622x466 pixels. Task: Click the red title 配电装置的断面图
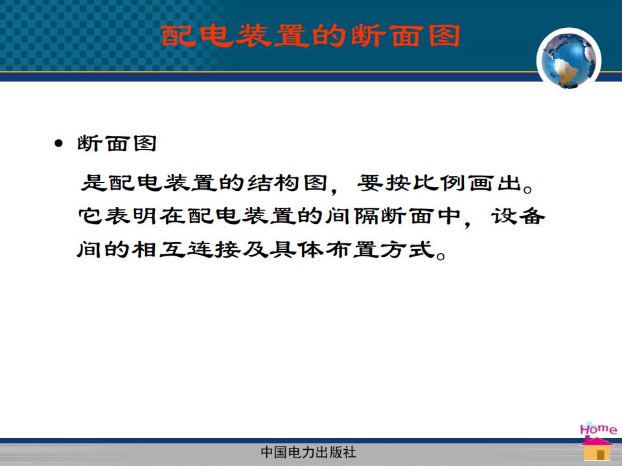click(310, 36)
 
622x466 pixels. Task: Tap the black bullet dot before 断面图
click(59, 144)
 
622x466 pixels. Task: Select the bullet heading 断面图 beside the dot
click(117, 144)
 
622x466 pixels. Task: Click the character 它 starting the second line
click(91, 216)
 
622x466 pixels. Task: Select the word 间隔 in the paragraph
click(353, 216)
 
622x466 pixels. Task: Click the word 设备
click(518, 216)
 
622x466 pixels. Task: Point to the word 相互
click(159, 250)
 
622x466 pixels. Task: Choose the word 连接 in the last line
click(214, 250)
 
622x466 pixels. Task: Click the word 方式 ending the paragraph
click(407, 250)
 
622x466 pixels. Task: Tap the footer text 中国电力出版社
click(308, 452)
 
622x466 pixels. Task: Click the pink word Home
click(598, 429)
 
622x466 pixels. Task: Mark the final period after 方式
click(441, 255)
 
